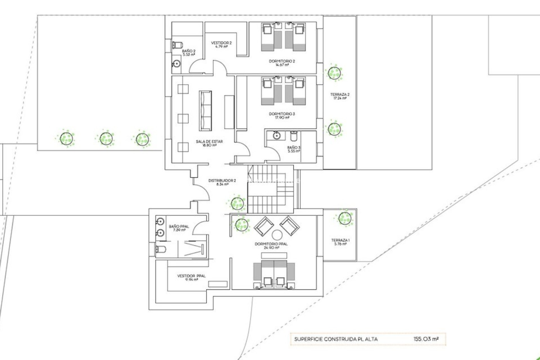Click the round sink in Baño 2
pyautogui.click(x=176, y=64)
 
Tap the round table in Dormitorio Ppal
pyautogui.click(x=277, y=235)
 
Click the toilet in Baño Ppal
pyautogui.click(x=161, y=249)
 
